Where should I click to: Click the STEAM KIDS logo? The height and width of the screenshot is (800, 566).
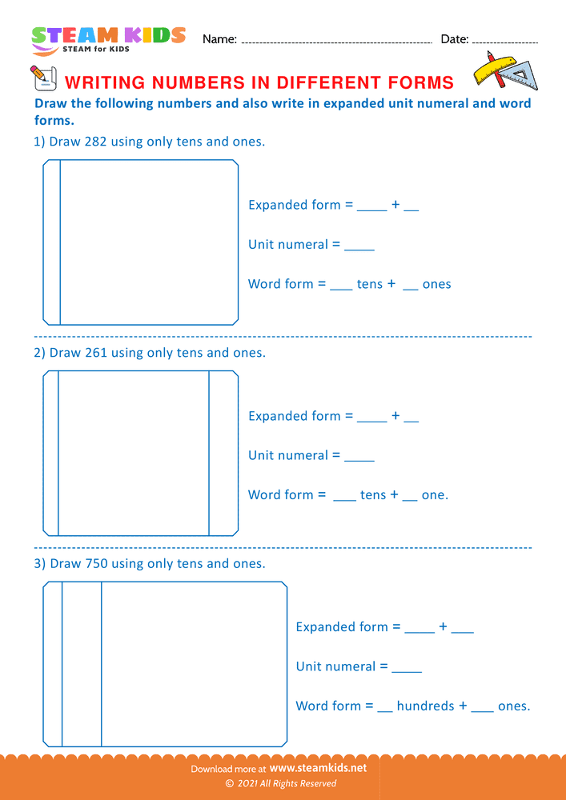click(x=108, y=38)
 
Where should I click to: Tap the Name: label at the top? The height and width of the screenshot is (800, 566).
click(x=219, y=39)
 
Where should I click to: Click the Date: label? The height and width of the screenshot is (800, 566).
click(x=454, y=39)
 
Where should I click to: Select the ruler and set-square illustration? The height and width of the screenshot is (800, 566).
click(x=505, y=70)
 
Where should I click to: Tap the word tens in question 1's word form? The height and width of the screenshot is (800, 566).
click(x=370, y=284)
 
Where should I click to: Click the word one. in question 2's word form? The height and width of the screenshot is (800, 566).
click(x=435, y=494)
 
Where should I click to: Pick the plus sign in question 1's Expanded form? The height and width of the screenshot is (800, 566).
click(x=395, y=205)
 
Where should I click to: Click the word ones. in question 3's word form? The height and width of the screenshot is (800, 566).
click(x=514, y=706)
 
